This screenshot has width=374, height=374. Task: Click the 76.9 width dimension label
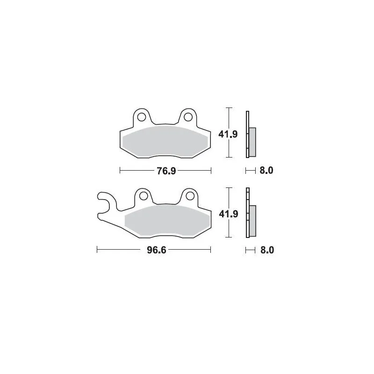pos(166,171)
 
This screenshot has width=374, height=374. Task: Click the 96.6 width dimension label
pos(153,250)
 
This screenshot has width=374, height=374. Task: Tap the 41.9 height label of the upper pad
pos(229,135)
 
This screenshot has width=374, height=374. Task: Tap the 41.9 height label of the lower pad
pos(229,215)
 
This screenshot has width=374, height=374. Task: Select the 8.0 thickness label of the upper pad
pos(266,171)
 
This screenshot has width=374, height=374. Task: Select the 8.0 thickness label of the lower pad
pos(266,250)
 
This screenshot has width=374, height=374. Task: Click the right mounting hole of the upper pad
pos(187,115)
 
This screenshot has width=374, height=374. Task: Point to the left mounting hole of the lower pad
pos(143,195)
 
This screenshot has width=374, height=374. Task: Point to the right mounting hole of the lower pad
pos(188,195)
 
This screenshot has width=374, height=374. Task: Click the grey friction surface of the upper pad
pos(165,140)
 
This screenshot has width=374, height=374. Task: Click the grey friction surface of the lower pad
pos(166,220)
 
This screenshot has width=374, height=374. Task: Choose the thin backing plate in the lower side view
pos(247,215)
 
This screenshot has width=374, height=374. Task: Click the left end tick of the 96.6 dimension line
pos(97,250)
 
